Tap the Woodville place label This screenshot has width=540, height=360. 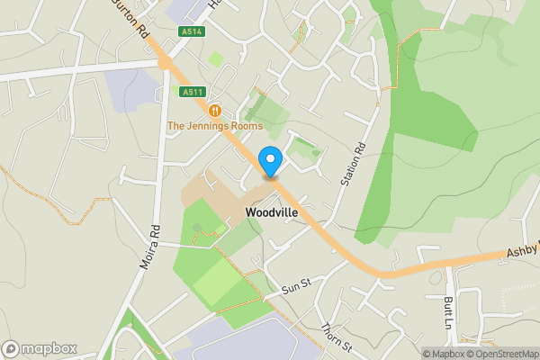(272, 212)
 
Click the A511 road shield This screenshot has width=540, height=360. (191, 92)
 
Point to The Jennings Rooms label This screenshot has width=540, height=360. (214, 125)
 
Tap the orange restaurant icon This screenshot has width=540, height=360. (215, 110)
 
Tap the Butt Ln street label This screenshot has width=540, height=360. (447, 311)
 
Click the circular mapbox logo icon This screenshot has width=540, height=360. (11, 348)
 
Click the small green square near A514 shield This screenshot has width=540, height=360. (215, 59)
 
